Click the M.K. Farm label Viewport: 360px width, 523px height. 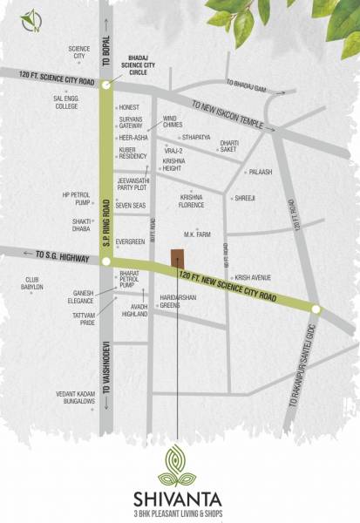pos(198,234)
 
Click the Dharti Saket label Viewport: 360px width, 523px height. pos(229,146)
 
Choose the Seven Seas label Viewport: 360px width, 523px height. pos(132,205)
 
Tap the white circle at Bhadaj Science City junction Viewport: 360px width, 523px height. pos(106,85)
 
